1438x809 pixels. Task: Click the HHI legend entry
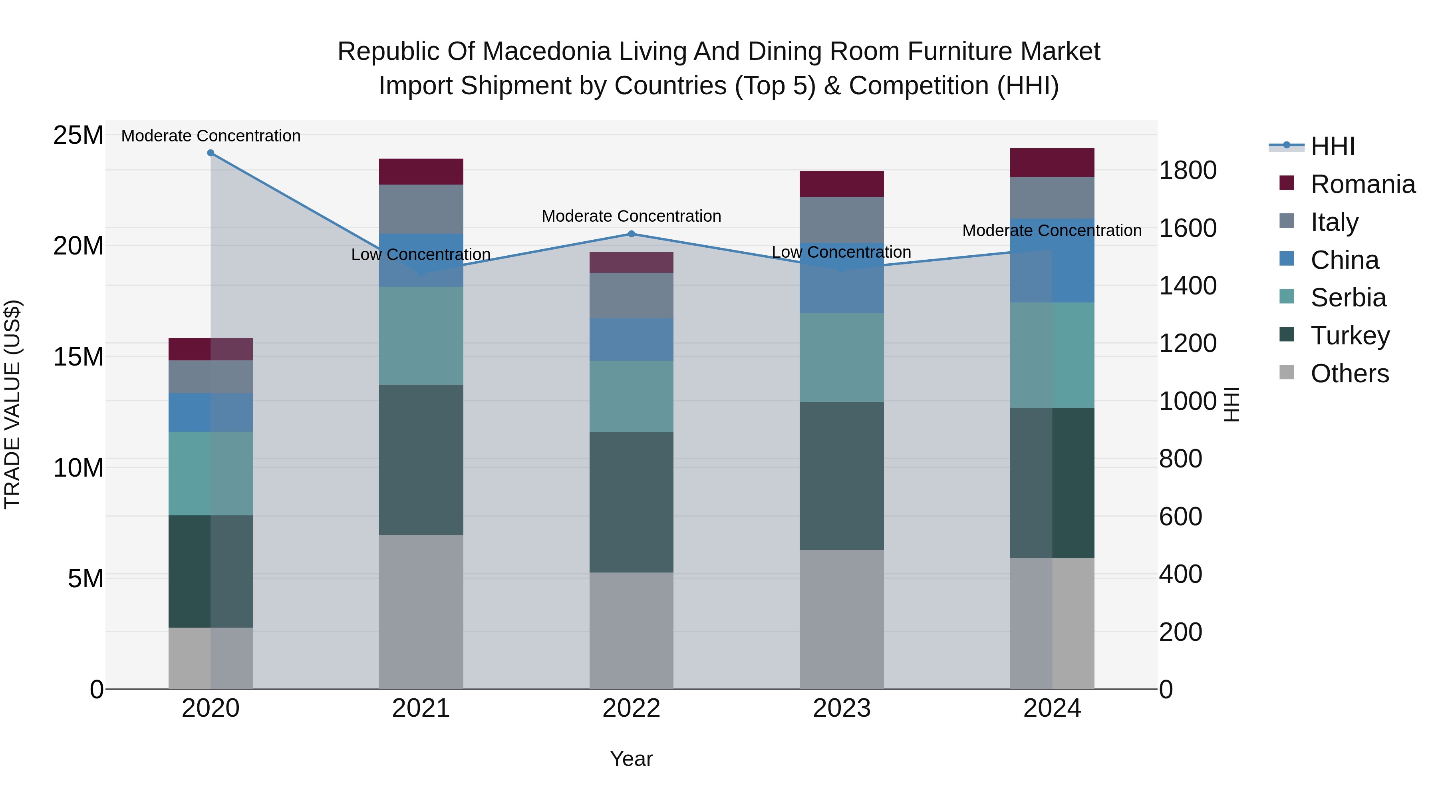click(x=1332, y=146)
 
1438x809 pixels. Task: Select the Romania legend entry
click(x=1362, y=184)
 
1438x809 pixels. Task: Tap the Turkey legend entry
click(x=1350, y=336)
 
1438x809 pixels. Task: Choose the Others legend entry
click(x=1349, y=374)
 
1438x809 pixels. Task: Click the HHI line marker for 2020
click(x=211, y=153)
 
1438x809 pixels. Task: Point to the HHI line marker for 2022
click(x=632, y=234)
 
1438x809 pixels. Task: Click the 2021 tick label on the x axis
click(x=421, y=708)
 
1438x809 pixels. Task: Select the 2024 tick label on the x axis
click(x=1052, y=708)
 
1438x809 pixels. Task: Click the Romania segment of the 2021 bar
click(x=421, y=171)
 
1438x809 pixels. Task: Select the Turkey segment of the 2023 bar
click(x=841, y=476)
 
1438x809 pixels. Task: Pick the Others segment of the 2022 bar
click(x=632, y=630)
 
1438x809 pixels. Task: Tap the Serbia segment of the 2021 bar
click(x=421, y=336)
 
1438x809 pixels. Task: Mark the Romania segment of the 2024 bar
click(x=1052, y=163)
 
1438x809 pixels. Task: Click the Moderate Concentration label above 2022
click(x=632, y=216)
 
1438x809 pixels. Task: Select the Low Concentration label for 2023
click(x=841, y=252)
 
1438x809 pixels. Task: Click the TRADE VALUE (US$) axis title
click(x=12, y=404)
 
